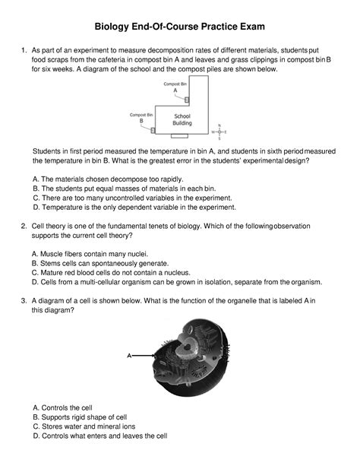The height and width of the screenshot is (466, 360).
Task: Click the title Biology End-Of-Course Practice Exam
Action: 179,27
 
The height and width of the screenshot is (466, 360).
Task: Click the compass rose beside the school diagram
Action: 219,132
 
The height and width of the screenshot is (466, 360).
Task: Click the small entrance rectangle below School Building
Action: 178,137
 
